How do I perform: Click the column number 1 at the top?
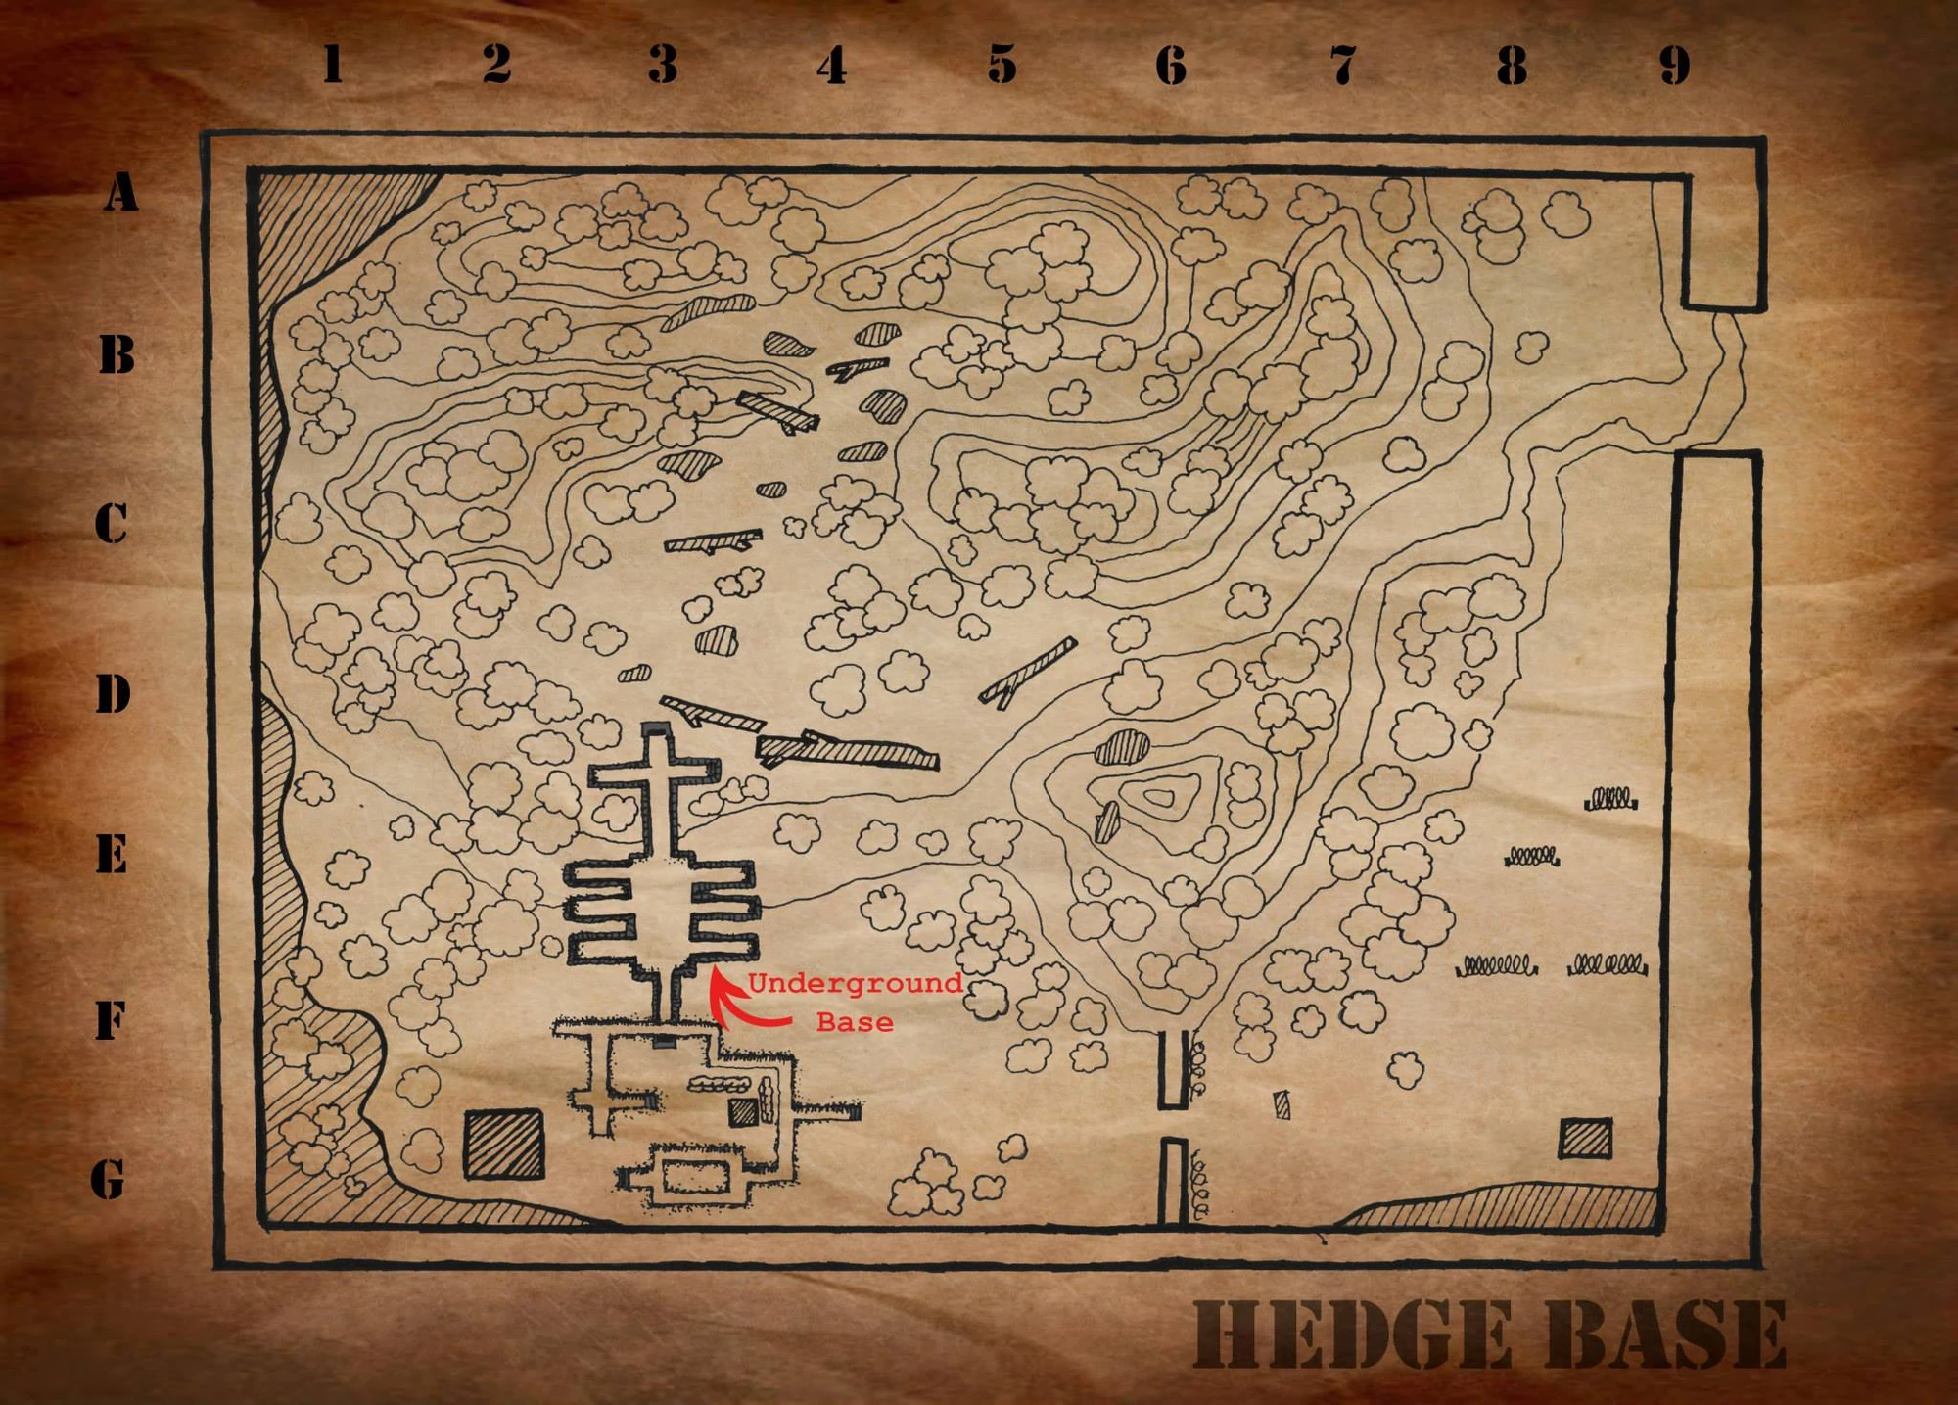(333, 65)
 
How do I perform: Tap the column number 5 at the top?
(1002, 65)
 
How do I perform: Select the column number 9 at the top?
(1675, 65)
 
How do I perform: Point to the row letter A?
(120, 192)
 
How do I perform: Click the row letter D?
(114, 694)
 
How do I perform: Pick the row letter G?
(109, 1179)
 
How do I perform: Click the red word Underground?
(855, 984)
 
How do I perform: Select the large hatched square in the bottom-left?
(503, 1144)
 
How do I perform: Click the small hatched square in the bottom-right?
(1585, 1139)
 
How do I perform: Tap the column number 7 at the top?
(1342, 65)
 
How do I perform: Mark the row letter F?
(111, 1021)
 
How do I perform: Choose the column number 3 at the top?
(663, 65)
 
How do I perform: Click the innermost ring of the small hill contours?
(1160, 798)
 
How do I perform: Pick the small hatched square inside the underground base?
(742, 1111)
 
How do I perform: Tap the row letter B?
(117, 354)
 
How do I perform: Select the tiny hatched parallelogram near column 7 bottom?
(1282, 1105)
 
